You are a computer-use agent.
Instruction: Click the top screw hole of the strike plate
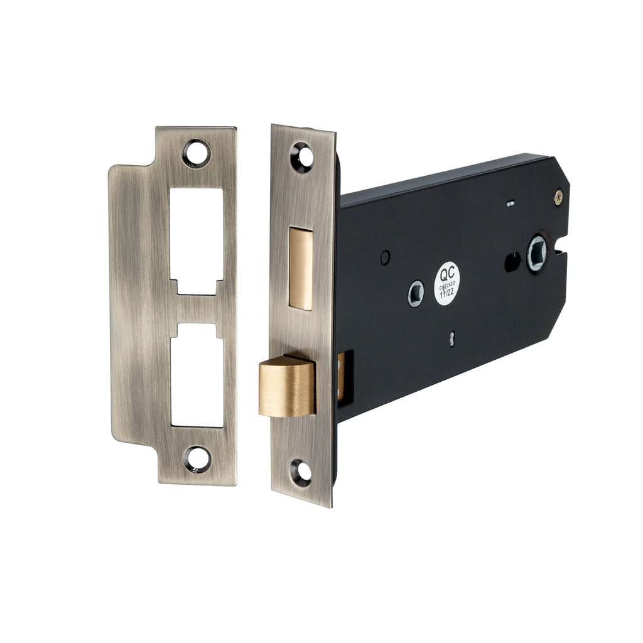tap(197, 153)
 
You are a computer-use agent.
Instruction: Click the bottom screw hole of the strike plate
tap(197, 458)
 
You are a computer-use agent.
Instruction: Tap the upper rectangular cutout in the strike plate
tap(197, 241)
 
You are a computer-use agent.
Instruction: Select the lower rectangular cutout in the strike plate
tap(197, 375)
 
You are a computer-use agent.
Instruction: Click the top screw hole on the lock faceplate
tap(302, 156)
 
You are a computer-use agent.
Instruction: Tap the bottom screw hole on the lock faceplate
tap(301, 472)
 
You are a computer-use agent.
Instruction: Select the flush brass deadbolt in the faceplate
tap(301, 267)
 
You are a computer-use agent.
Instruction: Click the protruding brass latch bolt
tap(286, 386)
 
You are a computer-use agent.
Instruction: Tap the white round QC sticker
tap(447, 283)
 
